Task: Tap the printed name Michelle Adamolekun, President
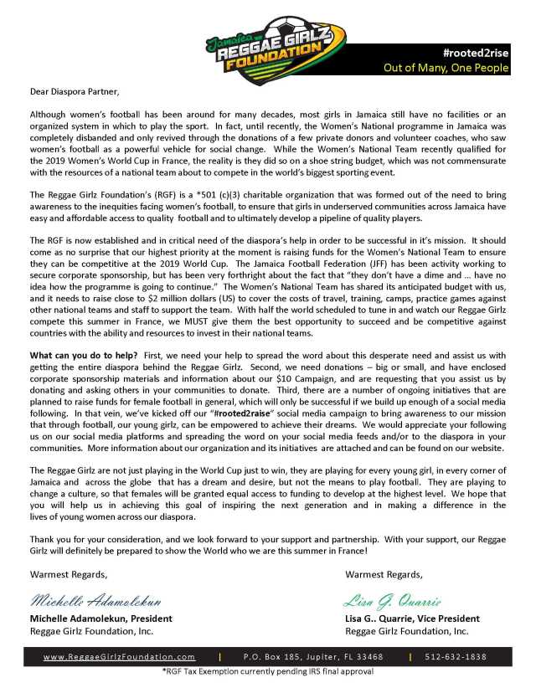[101, 619]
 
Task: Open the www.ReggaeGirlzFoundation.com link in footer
[119, 657]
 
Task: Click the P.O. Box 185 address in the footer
[313, 657]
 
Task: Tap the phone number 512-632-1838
[456, 657]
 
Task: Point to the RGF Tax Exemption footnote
[267, 672]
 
